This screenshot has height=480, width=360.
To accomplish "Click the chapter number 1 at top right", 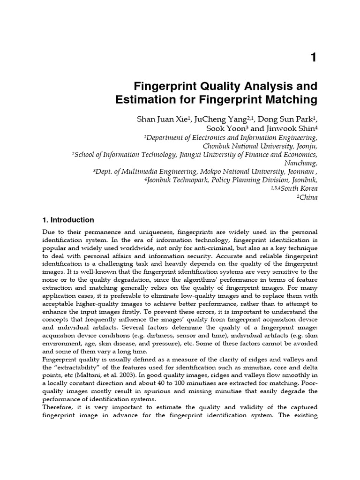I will tap(314, 58).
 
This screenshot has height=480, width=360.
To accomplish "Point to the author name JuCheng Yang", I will tap(209, 119).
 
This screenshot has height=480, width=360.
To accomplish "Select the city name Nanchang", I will tap(301, 163).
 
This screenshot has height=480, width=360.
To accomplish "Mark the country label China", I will tap(308, 197).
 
